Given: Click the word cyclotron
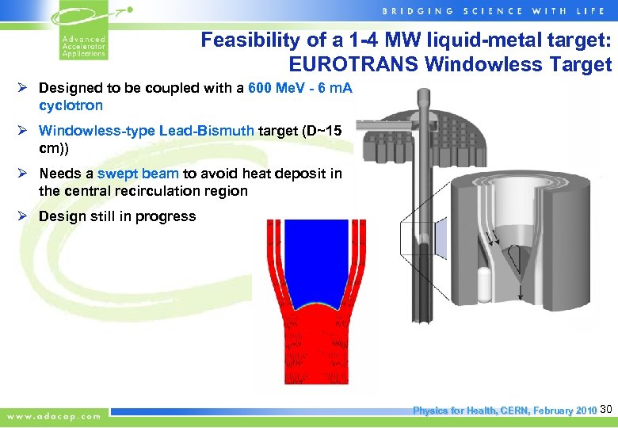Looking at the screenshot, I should point(71,105).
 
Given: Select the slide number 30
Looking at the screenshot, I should point(607,410).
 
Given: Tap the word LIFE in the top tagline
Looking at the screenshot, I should point(595,10).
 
